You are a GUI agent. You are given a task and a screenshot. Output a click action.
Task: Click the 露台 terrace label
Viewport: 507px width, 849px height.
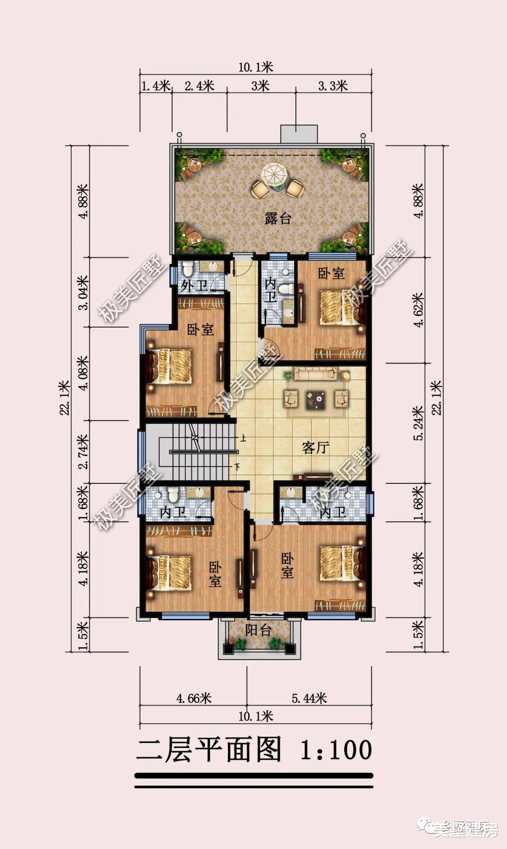pyautogui.click(x=278, y=218)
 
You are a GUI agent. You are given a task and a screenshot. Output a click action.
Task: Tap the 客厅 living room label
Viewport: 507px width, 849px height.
pyautogui.click(x=315, y=448)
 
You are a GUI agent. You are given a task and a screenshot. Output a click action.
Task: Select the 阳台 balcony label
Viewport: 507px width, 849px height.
pyautogui.click(x=258, y=631)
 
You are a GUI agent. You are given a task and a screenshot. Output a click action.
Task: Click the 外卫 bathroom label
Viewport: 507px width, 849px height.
pyautogui.click(x=194, y=286)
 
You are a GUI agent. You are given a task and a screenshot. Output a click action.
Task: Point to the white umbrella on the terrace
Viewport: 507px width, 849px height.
pyautogui.click(x=272, y=174)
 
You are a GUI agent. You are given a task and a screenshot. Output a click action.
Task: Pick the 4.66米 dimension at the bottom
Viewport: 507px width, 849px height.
pyautogui.click(x=194, y=698)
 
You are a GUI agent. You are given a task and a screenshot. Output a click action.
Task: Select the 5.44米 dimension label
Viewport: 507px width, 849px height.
pyautogui.click(x=309, y=698)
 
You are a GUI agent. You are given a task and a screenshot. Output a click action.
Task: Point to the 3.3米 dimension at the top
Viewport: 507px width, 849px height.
pyautogui.click(x=333, y=86)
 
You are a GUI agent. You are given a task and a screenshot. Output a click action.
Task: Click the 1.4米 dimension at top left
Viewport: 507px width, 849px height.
pyautogui.click(x=155, y=86)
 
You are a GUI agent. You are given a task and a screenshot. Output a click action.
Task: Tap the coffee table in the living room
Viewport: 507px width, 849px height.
pyautogui.click(x=315, y=399)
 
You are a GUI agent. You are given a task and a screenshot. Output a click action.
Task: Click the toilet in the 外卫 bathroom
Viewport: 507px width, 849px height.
pyautogui.click(x=188, y=269)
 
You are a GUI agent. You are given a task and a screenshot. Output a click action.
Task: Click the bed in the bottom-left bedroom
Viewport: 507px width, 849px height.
pyautogui.click(x=169, y=572)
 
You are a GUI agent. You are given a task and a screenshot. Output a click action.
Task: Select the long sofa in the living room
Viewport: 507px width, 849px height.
pyautogui.click(x=315, y=373)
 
